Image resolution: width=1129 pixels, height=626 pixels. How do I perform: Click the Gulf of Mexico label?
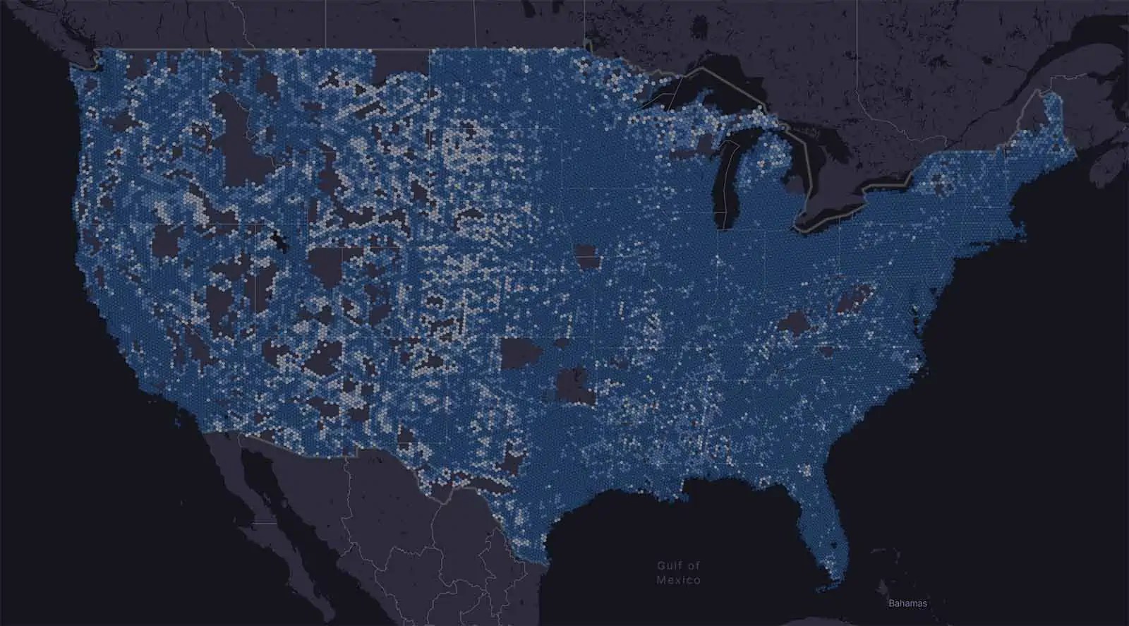pyautogui.click(x=678, y=572)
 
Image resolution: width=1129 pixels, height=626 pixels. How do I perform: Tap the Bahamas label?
pyautogui.click(x=907, y=603)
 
